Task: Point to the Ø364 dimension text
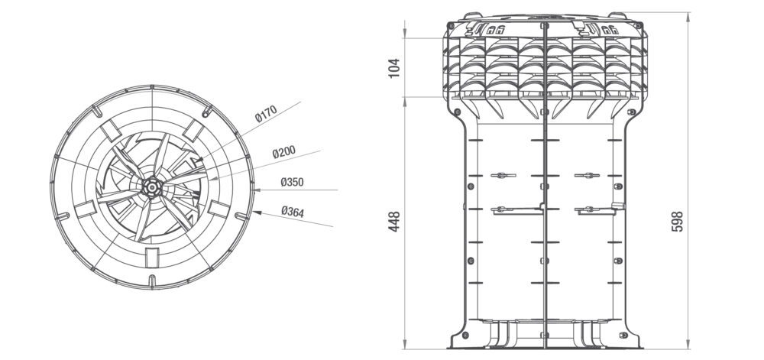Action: coord(293,212)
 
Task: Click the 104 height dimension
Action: coord(394,67)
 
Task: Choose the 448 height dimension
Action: coord(394,221)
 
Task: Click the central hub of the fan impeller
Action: coord(151,186)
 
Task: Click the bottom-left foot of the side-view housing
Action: coord(458,336)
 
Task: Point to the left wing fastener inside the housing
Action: coord(500,176)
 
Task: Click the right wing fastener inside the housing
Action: coord(587,176)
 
